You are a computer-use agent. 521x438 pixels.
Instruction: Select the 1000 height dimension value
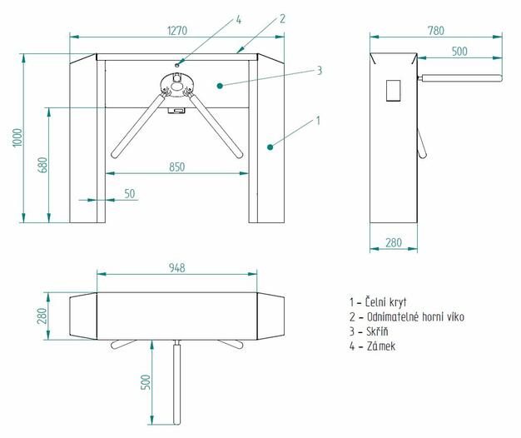pyautogui.click(x=17, y=138)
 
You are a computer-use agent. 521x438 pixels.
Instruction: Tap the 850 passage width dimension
pyautogui.click(x=176, y=167)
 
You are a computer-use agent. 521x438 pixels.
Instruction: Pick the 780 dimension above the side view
pyautogui.click(x=435, y=30)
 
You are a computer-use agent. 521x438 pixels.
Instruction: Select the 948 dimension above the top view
pyautogui.click(x=176, y=267)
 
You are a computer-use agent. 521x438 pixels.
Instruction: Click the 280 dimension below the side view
pyautogui.click(x=394, y=243)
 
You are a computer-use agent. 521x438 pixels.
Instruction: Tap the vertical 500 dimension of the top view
pyautogui.click(x=146, y=382)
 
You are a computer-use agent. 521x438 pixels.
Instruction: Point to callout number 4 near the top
pyautogui.click(x=238, y=18)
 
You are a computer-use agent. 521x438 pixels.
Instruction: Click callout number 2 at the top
pyautogui.click(x=282, y=18)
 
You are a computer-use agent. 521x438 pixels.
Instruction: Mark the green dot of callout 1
pyautogui.click(x=270, y=147)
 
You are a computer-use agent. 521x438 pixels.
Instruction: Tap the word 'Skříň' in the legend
pyautogui.click(x=379, y=331)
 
